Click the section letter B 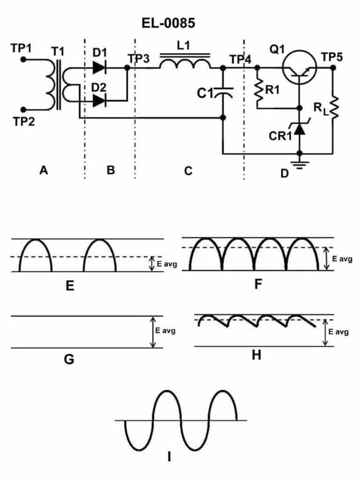tap(110, 171)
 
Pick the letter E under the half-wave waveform tap(70, 285)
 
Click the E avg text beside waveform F tap(341, 259)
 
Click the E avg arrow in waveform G tap(152, 332)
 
